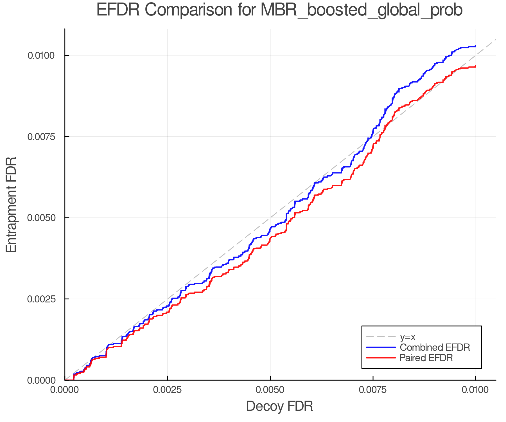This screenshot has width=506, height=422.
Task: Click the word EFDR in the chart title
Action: pos(118,10)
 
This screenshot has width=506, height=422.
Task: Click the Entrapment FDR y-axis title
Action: pos(12,205)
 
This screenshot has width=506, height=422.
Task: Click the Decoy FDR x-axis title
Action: pos(279,406)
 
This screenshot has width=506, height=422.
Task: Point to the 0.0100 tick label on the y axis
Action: pos(41,55)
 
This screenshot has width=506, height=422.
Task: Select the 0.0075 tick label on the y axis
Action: pos(41,137)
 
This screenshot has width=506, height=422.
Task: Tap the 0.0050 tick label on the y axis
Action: pos(41,218)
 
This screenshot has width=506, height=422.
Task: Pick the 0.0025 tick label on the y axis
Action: pos(41,299)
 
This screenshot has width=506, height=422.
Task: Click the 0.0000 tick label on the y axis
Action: pos(41,380)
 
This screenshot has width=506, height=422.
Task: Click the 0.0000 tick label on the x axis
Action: pos(64,390)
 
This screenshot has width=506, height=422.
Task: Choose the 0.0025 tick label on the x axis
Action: pos(168,390)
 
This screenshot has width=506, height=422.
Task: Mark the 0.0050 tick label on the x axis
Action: pos(270,390)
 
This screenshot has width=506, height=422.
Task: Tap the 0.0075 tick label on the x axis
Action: pos(373,390)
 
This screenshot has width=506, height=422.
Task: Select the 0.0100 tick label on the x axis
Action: pos(476,390)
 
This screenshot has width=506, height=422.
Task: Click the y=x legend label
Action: pos(407,337)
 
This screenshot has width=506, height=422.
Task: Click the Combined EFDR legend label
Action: pos(435,347)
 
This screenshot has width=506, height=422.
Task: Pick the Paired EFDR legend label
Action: pos(426,358)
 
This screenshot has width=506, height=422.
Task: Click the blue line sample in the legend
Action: pos(381,347)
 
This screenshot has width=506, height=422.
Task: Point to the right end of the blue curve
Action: pos(475,46)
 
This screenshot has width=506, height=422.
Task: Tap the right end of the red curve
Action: pos(475,66)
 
